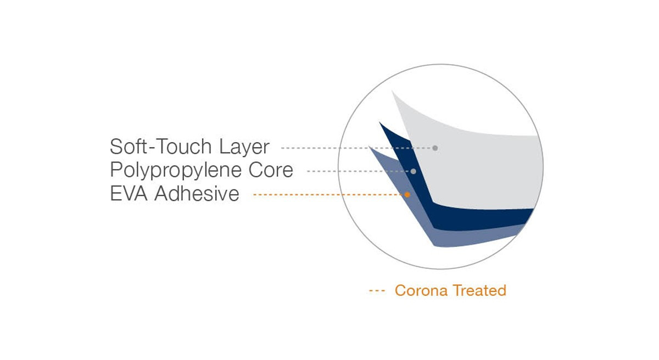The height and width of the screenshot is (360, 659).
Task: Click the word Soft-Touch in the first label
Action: point(160,147)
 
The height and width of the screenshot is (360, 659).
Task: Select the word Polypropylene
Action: point(176,171)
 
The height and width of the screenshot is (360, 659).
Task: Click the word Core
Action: point(271,170)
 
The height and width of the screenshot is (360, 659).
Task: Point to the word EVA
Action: point(129,193)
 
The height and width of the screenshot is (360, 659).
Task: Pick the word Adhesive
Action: point(197,193)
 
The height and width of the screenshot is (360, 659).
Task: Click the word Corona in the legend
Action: point(421,290)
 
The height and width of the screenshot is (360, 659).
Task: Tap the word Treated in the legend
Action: point(479,290)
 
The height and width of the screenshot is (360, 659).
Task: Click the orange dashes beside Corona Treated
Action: point(377,291)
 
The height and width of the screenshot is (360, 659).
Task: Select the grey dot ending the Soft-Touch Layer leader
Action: point(435,148)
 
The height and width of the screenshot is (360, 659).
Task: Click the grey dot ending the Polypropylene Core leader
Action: point(414,171)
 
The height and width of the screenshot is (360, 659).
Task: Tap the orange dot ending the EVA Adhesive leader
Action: point(407,195)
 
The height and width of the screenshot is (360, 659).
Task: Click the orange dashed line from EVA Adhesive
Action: point(328,195)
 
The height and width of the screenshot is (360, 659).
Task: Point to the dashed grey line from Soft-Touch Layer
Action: point(356,148)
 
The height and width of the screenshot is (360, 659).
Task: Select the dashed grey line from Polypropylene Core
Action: point(359,171)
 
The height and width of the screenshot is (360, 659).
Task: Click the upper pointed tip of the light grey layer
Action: point(392,91)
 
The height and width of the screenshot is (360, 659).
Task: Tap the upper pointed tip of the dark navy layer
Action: point(379,122)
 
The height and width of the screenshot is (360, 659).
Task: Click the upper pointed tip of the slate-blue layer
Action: point(369,147)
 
